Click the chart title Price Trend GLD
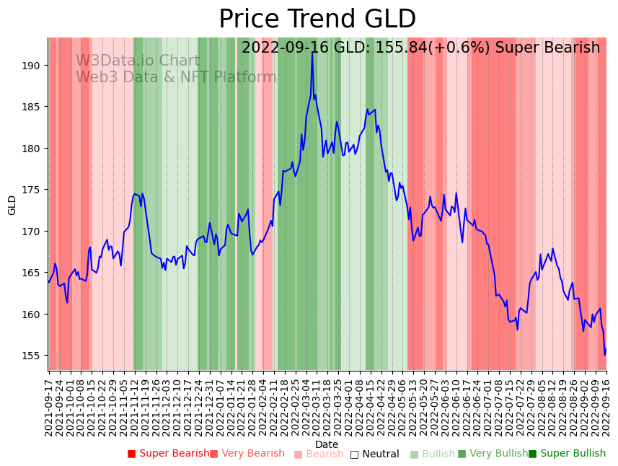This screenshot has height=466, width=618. pos(317,19)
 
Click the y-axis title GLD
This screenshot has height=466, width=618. pos(12,205)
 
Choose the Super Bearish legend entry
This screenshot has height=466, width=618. pos(168,454)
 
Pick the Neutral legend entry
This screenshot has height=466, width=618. pos(374,454)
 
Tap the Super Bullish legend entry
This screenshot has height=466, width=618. pos(567,454)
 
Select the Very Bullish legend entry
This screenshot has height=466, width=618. pos(493,454)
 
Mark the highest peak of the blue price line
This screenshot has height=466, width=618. pos(312,53)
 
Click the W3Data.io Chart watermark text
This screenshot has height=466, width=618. pos(138,61)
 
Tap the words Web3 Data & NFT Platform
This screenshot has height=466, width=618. pos(176,77)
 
